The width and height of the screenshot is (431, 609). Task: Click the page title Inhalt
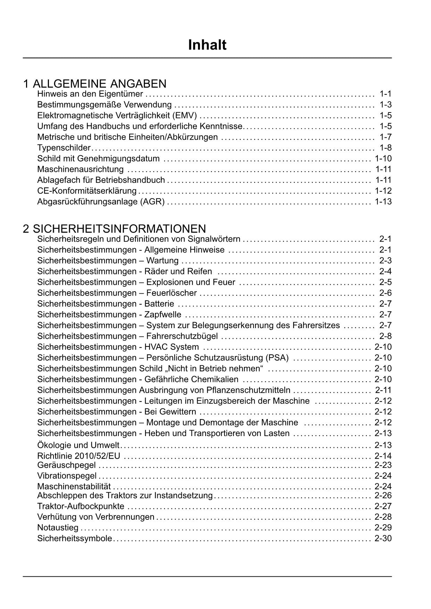(x=207, y=45)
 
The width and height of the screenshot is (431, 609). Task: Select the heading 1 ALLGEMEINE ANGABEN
(x=95, y=84)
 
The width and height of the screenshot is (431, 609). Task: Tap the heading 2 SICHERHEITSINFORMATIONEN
(x=115, y=229)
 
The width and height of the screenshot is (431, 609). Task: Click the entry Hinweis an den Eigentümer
(x=90, y=94)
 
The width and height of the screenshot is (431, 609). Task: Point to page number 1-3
(x=386, y=105)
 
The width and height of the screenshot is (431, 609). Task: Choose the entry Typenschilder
(x=64, y=148)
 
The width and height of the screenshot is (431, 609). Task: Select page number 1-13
(x=383, y=201)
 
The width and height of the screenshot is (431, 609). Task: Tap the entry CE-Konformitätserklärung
(x=87, y=191)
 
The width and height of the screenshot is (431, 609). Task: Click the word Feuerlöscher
(x=172, y=293)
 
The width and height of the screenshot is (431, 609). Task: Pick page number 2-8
(x=386, y=336)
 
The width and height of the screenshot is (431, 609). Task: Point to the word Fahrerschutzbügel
(x=182, y=336)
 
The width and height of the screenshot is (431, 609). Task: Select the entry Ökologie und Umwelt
(x=78, y=445)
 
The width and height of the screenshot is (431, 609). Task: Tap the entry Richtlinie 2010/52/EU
(x=78, y=456)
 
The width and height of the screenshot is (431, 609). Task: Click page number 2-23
(x=383, y=465)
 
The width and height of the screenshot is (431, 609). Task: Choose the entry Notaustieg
(x=58, y=528)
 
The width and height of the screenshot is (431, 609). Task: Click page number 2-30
(x=383, y=539)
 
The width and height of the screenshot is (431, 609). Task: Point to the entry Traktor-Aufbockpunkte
(x=81, y=506)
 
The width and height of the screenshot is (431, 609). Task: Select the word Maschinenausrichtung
(x=80, y=169)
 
